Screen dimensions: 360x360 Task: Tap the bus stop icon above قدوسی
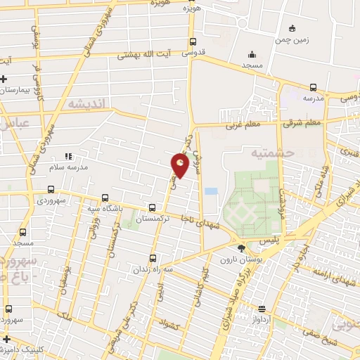click(193, 41)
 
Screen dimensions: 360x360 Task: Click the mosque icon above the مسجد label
click(252, 54)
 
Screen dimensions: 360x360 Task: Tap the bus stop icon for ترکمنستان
click(153, 207)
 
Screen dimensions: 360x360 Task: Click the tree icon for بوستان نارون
click(242, 247)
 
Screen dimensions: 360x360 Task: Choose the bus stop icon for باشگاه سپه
click(105, 198)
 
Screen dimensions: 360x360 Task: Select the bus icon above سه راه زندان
click(153, 258)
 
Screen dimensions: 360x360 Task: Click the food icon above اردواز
click(262, 308)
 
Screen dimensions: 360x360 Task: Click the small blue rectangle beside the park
click(210, 191)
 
